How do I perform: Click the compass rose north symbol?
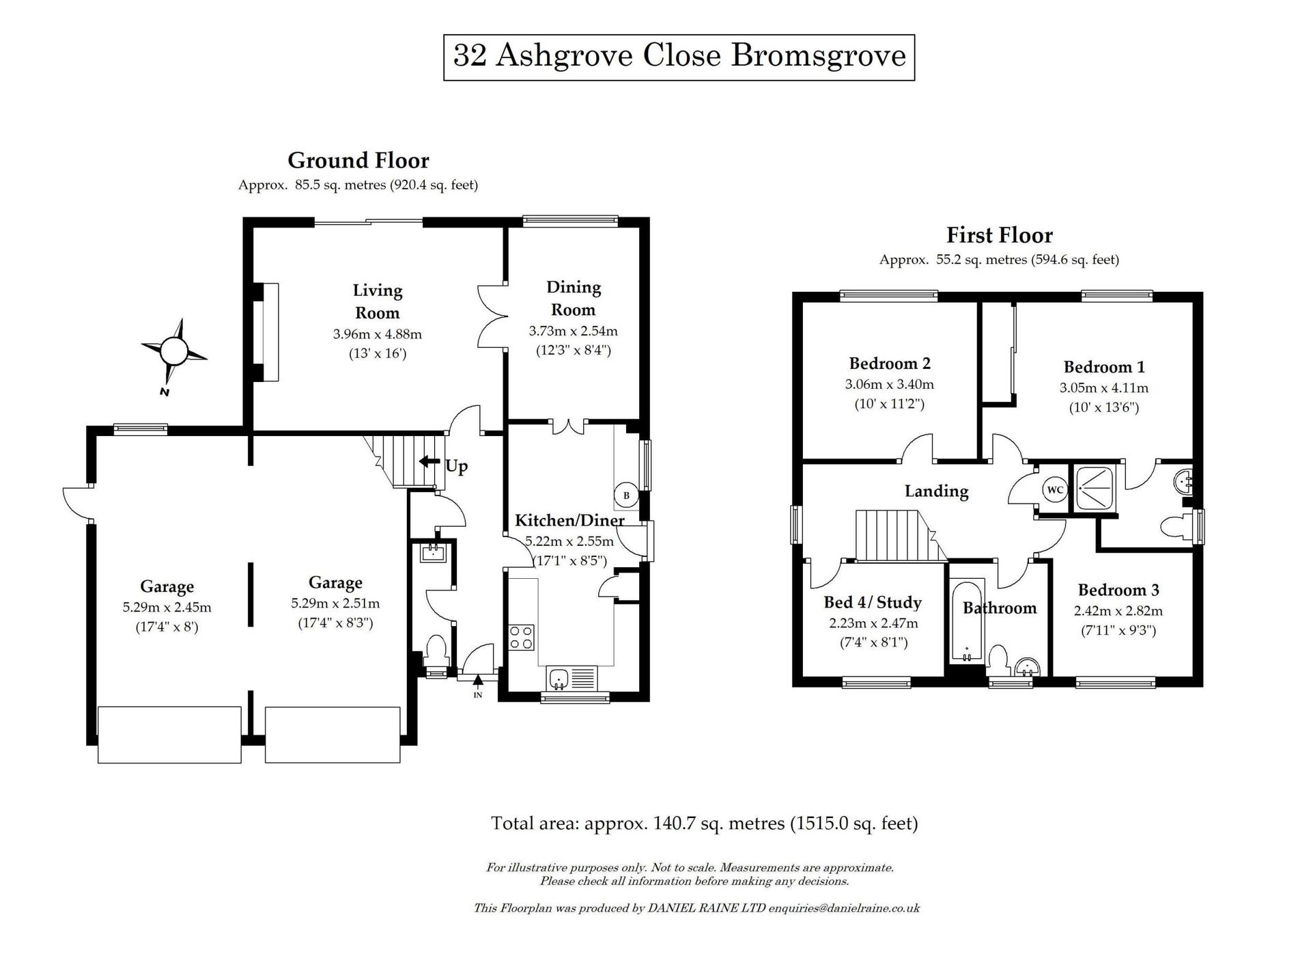point(173,353)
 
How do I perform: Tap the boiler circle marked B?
point(626,495)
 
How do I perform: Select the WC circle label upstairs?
point(1055,490)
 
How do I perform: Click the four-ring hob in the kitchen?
point(521,638)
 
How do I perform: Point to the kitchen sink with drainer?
point(572,679)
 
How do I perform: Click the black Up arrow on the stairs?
point(429,462)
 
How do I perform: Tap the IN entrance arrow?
point(478,681)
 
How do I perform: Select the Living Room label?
point(377,301)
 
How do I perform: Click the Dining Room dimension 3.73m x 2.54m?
point(573,331)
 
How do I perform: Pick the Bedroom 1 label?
point(1103,367)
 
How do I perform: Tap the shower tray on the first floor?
point(1098,488)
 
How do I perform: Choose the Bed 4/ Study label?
point(873,602)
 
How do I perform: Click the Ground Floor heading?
point(358,161)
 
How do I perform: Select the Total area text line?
point(704,823)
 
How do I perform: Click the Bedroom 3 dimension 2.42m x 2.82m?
point(1118,611)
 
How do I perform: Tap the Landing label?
point(936,491)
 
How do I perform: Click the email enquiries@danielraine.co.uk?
point(844,908)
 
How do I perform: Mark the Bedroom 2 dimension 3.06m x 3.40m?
point(889,384)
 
